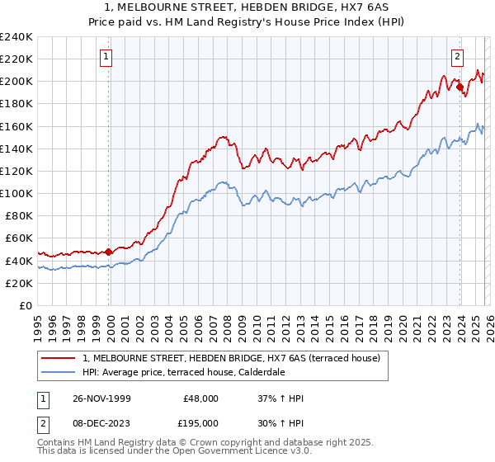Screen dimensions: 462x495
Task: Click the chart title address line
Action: point(247,7)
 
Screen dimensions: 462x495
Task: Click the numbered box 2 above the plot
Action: point(457,57)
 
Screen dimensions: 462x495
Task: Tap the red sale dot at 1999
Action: point(109,252)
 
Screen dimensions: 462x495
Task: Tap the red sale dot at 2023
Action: point(460,87)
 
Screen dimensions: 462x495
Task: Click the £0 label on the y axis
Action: point(26,305)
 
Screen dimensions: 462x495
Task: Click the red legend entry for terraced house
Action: point(232,358)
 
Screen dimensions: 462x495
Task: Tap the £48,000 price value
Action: point(200,398)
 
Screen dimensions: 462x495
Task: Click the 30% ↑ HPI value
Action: point(281,422)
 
